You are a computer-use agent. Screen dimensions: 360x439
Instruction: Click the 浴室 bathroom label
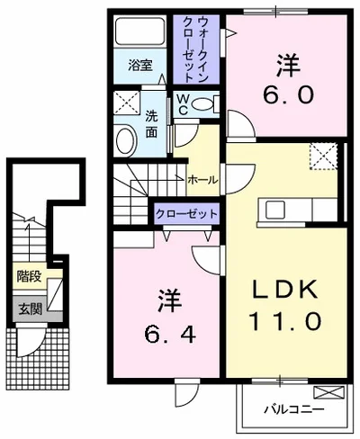(140, 65)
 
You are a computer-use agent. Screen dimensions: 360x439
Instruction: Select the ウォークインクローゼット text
(195, 49)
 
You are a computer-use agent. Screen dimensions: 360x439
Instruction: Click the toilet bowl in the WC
(202, 104)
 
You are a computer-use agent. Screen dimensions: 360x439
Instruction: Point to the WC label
(183, 104)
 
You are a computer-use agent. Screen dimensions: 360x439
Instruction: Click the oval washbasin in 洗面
(126, 141)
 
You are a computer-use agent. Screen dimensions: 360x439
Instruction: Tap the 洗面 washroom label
(151, 125)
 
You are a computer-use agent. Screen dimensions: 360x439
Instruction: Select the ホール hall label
(202, 180)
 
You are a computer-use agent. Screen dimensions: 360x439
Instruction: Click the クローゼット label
(186, 214)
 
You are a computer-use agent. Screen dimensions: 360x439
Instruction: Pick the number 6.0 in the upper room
(288, 94)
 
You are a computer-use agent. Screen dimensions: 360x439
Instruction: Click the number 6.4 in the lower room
(170, 334)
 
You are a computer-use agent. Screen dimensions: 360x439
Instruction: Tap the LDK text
(284, 290)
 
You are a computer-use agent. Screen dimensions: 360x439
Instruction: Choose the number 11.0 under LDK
(285, 321)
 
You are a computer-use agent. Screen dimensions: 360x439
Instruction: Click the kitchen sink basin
(275, 210)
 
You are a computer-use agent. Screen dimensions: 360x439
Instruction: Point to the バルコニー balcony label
(294, 409)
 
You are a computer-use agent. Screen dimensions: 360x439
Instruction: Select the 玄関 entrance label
(30, 309)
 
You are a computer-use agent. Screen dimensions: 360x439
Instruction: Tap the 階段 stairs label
(29, 276)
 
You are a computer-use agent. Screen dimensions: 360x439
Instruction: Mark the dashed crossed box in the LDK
(324, 157)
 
